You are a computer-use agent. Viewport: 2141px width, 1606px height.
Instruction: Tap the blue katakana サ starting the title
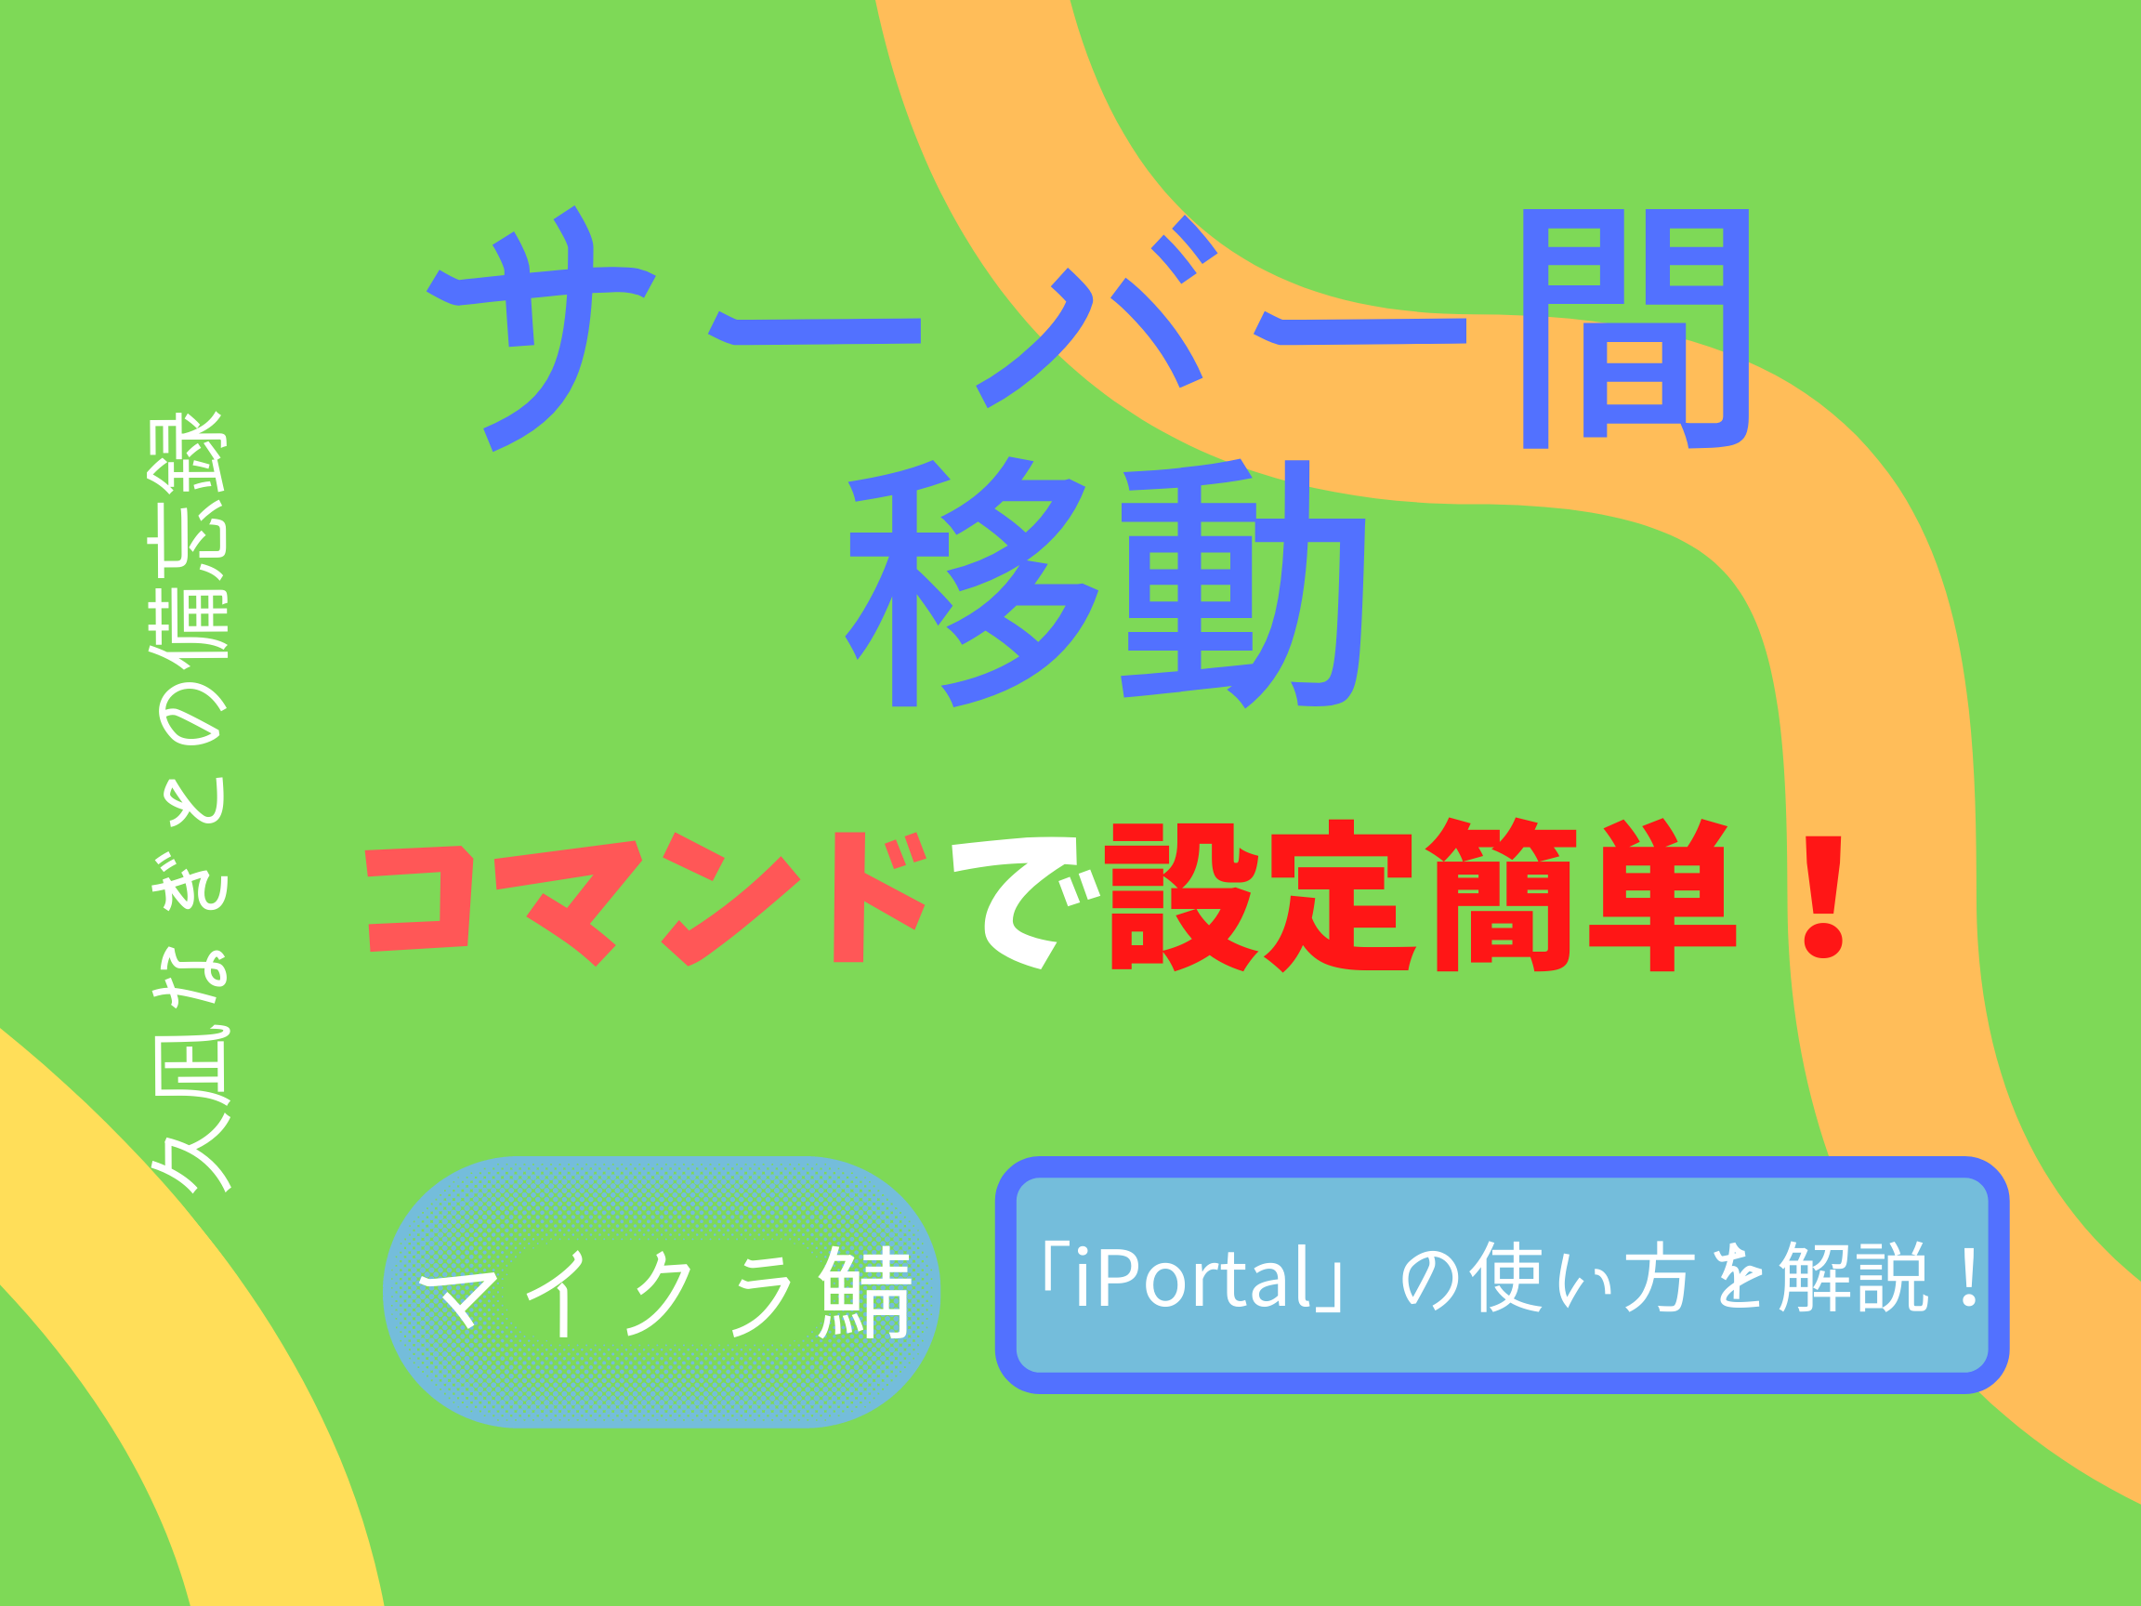tap(542, 328)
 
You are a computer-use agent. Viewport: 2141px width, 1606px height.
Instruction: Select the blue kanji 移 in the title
tap(972, 582)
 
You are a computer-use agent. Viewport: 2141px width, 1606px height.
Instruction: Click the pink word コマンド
tap(647, 899)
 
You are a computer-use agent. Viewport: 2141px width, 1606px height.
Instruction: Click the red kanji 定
tap(1344, 895)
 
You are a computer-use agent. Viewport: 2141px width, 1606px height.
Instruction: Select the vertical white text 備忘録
tap(189, 536)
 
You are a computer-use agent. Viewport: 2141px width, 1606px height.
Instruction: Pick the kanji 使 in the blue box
tap(1506, 1277)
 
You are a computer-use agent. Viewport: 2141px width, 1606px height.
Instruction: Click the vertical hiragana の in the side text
tap(190, 715)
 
